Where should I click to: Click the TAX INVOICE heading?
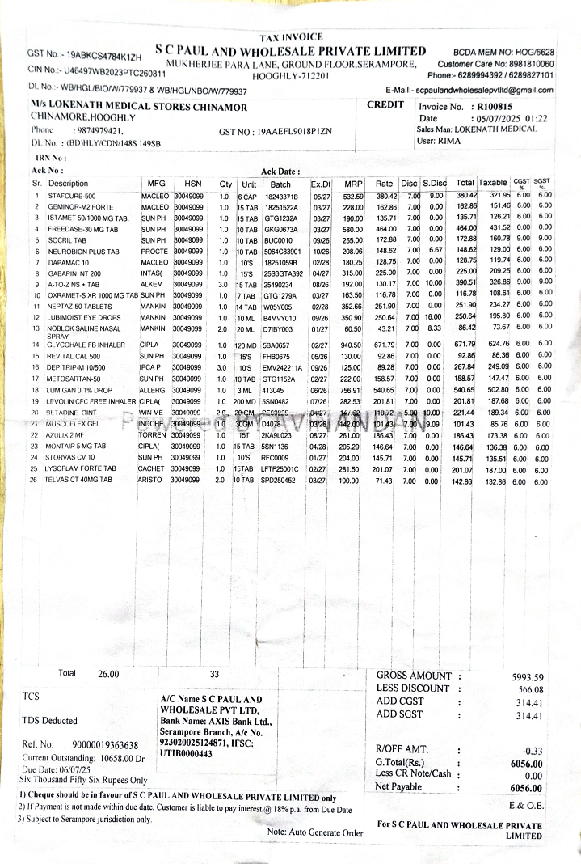(x=291, y=37)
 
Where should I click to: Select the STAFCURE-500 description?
(x=72, y=196)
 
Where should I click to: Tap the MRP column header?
(x=353, y=184)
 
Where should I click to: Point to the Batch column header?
(x=280, y=184)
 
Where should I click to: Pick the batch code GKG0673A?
(x=279, y=230)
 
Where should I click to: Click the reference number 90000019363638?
(x=105, y=744)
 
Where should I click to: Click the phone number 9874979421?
(x=98, y=130)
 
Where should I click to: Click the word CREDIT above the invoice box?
(x=385, y=104)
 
